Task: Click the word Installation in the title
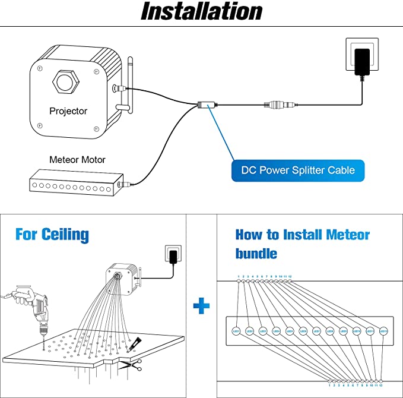tap(201, 12)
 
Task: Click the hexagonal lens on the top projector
tap(65, 81)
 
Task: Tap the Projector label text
tap(68, 111)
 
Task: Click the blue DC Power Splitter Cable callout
tap(298, 170)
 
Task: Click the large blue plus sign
tap(202, 307)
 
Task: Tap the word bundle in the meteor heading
tap(256, 254)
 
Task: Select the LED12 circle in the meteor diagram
tap(383, 331)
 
